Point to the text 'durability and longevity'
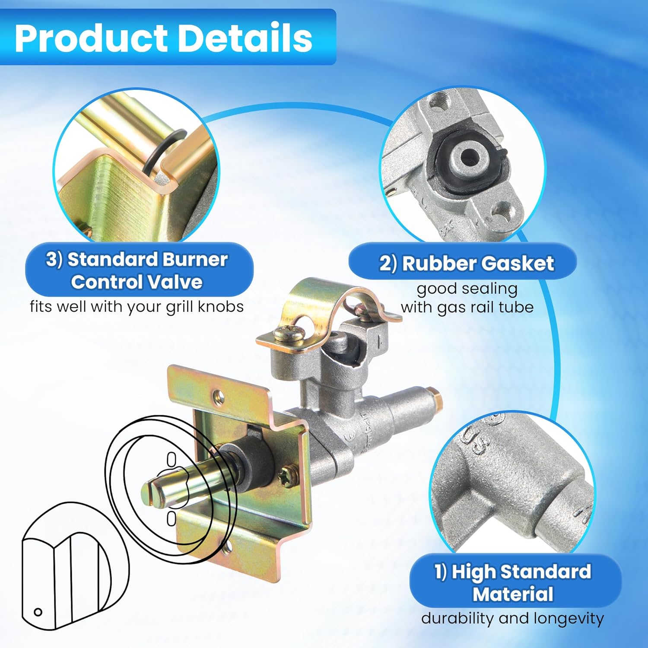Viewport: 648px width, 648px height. coord(512,618)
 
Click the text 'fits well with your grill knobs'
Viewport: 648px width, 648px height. coord(137,307)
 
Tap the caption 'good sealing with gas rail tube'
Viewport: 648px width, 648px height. coord(467,298)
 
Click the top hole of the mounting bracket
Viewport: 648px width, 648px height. coord(219,394)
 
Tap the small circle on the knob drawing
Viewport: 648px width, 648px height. coord(38,612)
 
